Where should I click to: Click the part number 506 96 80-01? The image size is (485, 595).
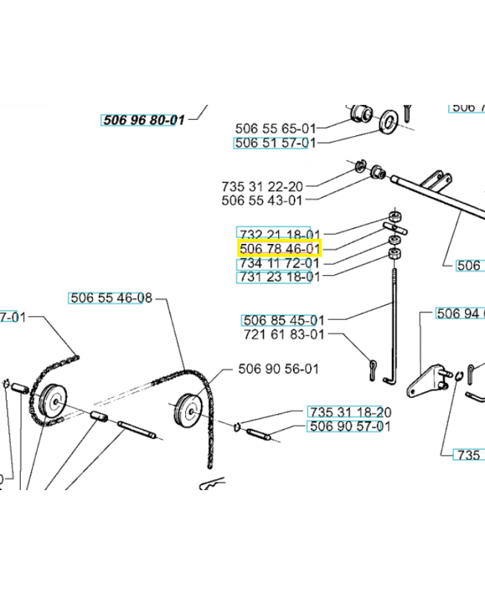[142, 119]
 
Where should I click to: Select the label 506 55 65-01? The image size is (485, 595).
[270, 127]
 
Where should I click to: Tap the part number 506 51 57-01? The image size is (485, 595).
[270, 143]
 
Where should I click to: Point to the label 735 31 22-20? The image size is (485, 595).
[262, 185]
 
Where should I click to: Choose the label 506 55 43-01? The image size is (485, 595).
[262, 200]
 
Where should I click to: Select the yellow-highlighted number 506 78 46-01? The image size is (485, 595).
[279, 248]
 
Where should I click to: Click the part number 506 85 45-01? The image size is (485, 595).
[283, 321]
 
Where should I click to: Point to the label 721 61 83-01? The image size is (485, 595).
[283, 335]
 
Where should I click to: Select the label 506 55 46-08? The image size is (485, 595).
[111, 298]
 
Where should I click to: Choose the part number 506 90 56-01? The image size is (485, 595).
[278, 369]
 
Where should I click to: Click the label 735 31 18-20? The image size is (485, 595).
[349, 412]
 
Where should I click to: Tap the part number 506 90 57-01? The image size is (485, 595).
[349, 426]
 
